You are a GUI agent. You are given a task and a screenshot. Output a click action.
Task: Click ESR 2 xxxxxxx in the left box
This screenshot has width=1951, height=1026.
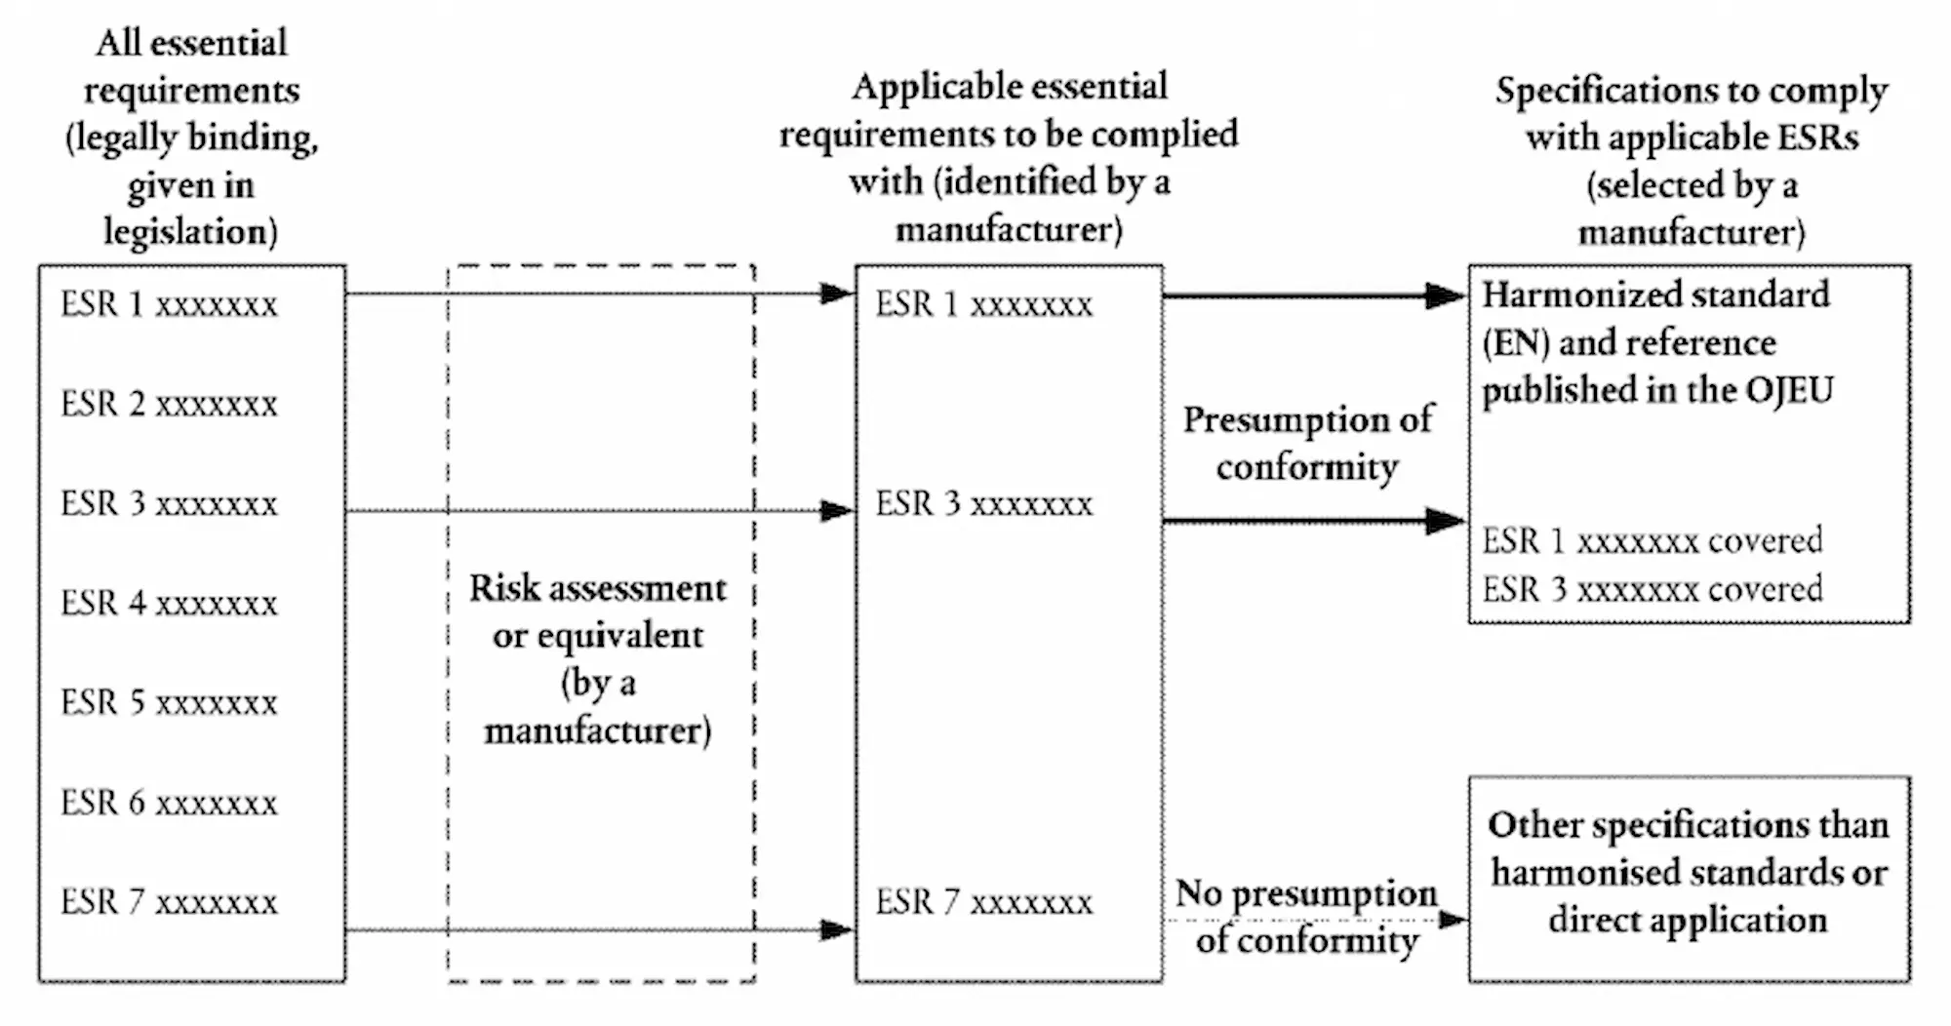(169, 404)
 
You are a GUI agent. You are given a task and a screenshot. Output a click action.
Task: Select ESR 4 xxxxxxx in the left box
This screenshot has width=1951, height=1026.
(169, 603)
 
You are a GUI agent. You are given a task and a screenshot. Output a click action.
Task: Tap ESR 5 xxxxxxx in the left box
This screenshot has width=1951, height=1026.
(169, 702)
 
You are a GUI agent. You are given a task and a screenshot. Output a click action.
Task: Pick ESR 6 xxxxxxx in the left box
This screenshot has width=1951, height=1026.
(169, 803)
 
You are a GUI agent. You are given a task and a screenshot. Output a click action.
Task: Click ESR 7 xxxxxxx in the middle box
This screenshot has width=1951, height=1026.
(983, 902)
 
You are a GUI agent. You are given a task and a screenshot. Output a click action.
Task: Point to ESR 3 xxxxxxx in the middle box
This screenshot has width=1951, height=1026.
(983, 503)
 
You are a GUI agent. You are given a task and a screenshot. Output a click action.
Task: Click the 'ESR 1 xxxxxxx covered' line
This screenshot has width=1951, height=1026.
(1652, 540)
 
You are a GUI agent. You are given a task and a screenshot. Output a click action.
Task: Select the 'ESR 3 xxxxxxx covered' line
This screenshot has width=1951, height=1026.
(1652, 589)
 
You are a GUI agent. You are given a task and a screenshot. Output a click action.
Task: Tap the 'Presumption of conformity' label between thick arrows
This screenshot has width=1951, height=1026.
(1307, 443)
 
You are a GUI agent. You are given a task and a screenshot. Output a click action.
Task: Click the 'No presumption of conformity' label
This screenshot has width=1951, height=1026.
(1307, 917)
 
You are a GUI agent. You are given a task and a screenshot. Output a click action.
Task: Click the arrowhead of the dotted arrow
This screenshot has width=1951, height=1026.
(1453, 919)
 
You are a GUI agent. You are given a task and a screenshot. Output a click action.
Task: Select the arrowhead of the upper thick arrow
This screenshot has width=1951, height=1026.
(1446, 296)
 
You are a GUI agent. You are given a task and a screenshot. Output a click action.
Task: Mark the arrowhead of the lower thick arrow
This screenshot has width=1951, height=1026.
(1446, 521)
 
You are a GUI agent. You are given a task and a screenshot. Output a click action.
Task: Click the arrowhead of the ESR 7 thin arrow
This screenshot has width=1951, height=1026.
(836, 929)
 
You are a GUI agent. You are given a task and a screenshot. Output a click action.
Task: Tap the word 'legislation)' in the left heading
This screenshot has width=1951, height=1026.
(190, 232)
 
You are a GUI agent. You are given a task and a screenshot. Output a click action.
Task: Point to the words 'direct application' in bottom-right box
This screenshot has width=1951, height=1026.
(1688, 920)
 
